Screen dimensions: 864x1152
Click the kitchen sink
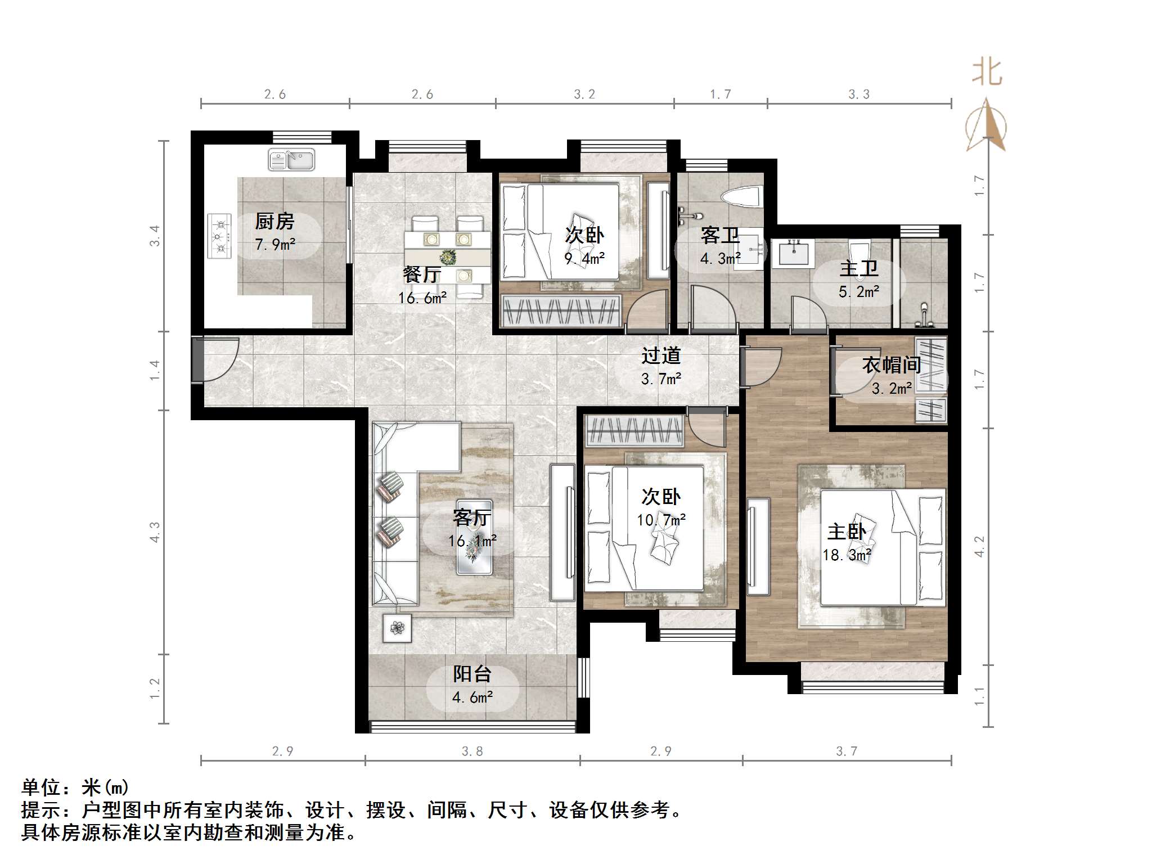(x=291, y=160)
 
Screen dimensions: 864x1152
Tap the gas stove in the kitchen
(x=219, y=236)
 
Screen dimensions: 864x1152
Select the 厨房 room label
(x=274, y=222)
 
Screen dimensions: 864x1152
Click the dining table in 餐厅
(x=447, y=257)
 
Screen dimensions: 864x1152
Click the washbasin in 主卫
(x=794, y=253)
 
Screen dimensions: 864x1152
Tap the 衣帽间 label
(x=891, y=365)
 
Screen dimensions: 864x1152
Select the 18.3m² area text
(x=847, y=555)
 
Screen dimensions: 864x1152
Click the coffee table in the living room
(x=474, y=537)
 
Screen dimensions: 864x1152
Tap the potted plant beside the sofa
(x=397, y=628)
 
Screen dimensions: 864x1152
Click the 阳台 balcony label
(x=472, y=674)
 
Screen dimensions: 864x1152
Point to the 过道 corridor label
(x=661, y=355)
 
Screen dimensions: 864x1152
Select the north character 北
(x=987, y=73)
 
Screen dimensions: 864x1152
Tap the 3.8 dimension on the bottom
(x=472, y=751)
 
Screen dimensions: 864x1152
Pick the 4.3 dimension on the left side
(x=155, y=532)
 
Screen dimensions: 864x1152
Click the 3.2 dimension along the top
(x=584, y=94)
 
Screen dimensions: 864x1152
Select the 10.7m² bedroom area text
(x=660, y=520)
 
